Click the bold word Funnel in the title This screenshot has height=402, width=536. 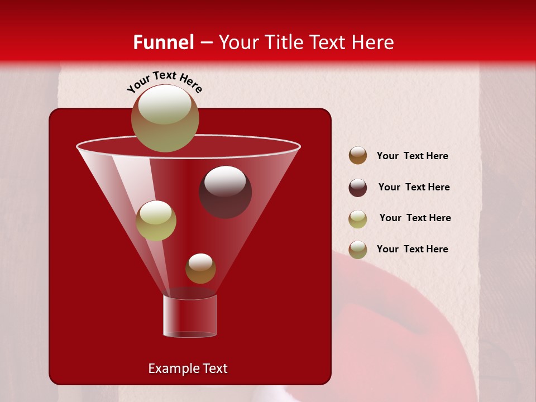tap(163, 42)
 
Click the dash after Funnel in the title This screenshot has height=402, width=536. tap(206, 43)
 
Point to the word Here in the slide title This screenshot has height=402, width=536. tap(372, 42)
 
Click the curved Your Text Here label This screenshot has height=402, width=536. tap(165, 82)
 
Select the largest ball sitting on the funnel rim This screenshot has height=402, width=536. tap(165, 118)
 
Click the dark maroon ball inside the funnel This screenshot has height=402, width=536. tap(225, 192)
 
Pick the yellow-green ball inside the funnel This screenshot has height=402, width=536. tap(156, 221)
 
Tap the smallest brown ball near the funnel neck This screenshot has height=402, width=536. tap(200, 269)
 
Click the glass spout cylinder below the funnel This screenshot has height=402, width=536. tap(190, 316)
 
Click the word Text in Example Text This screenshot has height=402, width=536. tap(214, 368)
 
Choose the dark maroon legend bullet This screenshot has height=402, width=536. tap(358, 188)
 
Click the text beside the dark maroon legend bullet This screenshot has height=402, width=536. tap(414, 187)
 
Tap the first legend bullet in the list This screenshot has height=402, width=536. tap(358, 156)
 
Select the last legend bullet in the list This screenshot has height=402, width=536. tap(358, 250)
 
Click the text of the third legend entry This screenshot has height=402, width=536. tap(415, 218)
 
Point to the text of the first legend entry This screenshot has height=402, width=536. tap(412, 156)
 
